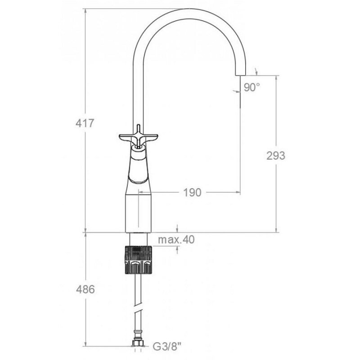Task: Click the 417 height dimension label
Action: (85, 123)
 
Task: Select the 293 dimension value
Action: (276, 156)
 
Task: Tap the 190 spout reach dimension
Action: (193, 193)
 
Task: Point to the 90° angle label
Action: (252, 87)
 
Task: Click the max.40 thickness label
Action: (176, 240)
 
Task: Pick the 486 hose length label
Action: (85, 289)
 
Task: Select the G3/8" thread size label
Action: (167, 346)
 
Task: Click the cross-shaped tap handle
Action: (139, 137)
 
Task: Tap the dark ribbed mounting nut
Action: (139, 260)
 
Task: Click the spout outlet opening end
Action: (241, 75)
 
